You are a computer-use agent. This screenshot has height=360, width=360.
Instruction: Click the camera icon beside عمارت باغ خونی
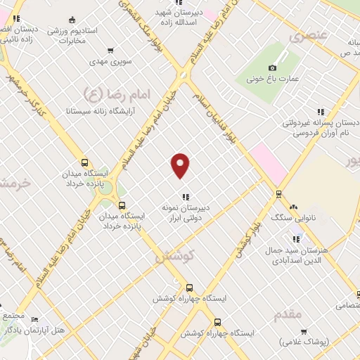click(273, 67)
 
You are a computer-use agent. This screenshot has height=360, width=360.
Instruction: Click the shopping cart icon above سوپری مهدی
click(110, 50)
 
